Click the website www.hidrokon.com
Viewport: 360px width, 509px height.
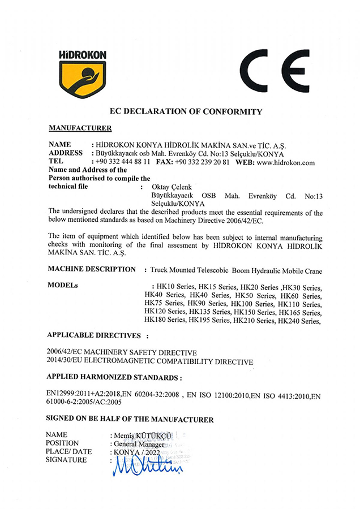[287, 162]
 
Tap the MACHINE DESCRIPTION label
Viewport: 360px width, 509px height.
[92, 269]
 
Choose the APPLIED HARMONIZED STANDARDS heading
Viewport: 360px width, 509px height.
[115, 376]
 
